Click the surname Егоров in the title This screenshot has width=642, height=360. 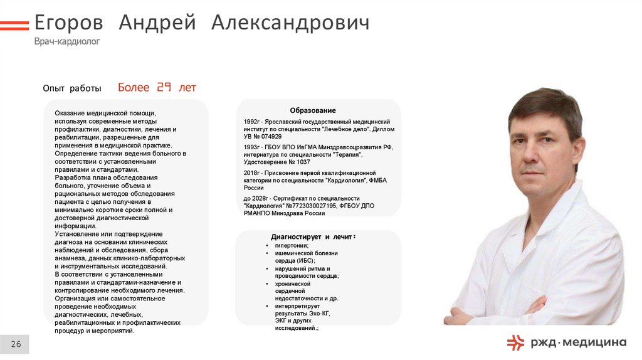[68, 23]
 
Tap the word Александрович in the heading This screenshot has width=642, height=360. [290, 23]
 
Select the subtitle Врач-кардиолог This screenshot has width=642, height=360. [67, 41]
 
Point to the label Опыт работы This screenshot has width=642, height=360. [72, 88]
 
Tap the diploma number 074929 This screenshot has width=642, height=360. [271, 137]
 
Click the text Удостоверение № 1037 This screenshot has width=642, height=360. [276, 162]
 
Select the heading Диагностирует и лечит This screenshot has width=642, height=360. [313, 237]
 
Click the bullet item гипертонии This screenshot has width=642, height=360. [292, 246]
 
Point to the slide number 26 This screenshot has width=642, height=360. [16, 344]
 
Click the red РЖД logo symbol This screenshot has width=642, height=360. [515, 342]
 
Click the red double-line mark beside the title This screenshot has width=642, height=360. [14, 25]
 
